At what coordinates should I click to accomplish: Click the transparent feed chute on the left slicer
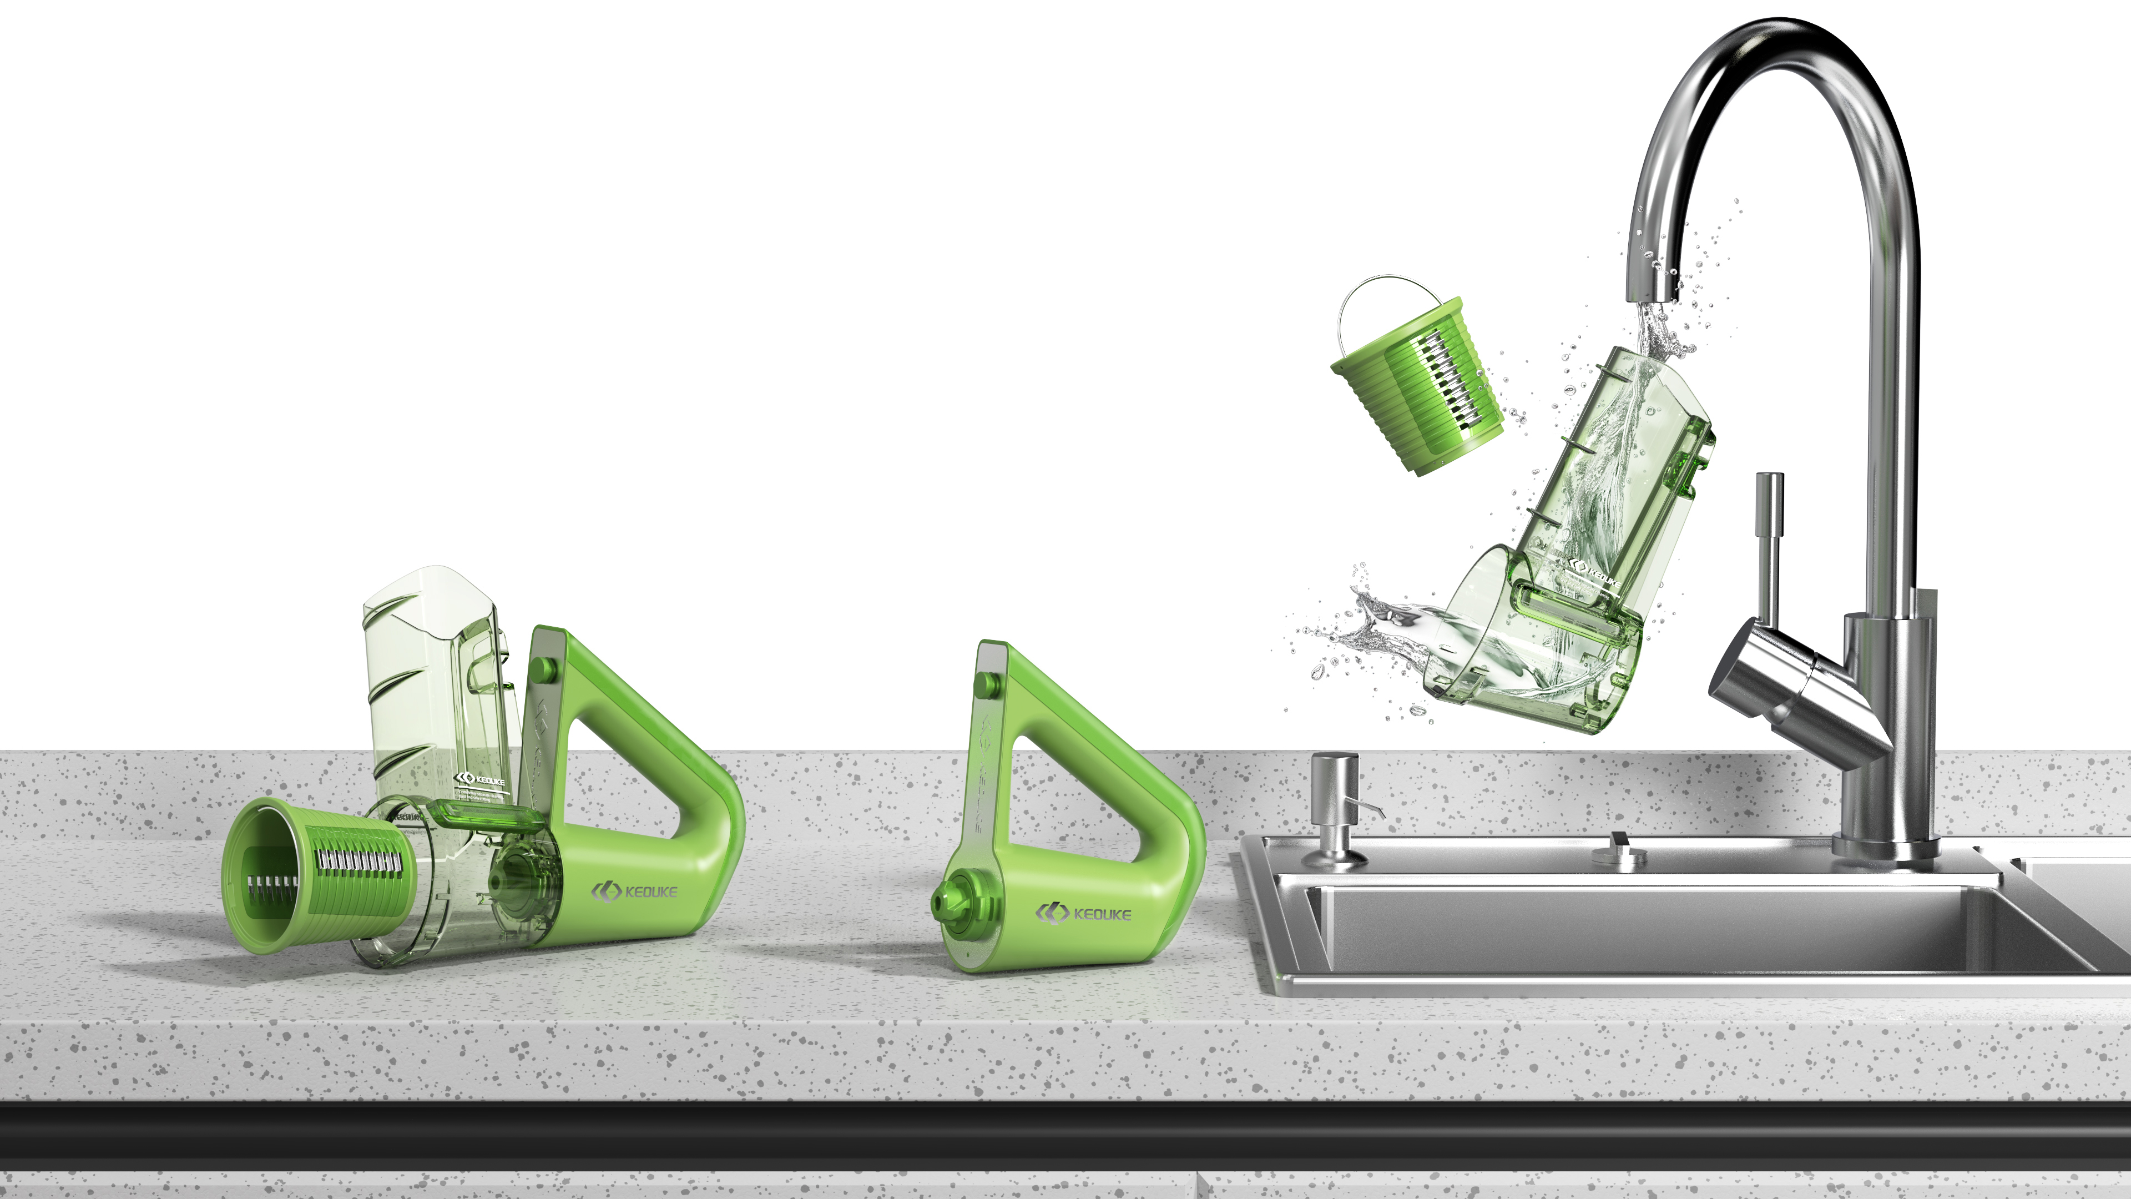pos(435,678)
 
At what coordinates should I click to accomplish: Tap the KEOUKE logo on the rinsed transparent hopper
pos(1593,571)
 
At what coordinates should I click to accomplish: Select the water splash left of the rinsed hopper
pos(1357,637)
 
